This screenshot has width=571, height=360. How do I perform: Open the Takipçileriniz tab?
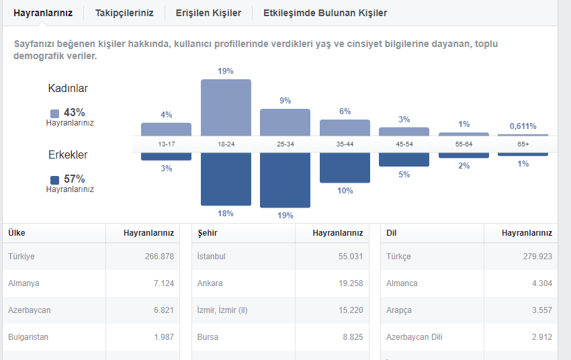[x=124, y=13]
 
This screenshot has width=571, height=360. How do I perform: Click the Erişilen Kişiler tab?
[x=208, y=13]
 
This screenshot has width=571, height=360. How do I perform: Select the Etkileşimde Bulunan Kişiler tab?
[x=325, y=13]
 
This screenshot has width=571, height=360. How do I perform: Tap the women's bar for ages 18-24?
[x=226, y=107]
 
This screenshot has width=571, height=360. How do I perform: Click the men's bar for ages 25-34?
[x=285, y=180]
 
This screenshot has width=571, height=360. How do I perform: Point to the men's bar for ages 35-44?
[x=345, y=168]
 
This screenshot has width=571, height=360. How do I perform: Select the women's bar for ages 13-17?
[x=166, y=130]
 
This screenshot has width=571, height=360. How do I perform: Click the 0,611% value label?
[x=523, y=126]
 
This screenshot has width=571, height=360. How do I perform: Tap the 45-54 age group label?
[x=404, y=144]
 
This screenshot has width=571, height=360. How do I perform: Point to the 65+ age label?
[x=523, y=144]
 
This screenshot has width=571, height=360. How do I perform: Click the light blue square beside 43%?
[x=54, y=114]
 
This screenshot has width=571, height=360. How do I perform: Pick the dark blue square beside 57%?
[x=54, y=180]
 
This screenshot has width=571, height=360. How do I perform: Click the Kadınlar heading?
[x=68, y=89]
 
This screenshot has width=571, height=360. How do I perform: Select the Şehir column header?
[x=208, y=233]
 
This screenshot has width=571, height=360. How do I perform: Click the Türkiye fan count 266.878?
[x=159, y=257]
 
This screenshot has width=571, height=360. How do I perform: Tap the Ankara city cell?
[x=210, y=283]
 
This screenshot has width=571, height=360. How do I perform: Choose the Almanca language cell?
[x=402, y=283]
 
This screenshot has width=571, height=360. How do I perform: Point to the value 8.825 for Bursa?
[x=353, y=337]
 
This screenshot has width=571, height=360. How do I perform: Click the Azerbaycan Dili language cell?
[x=414, y=337]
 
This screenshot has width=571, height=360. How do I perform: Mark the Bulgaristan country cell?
[x=28, y=337]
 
